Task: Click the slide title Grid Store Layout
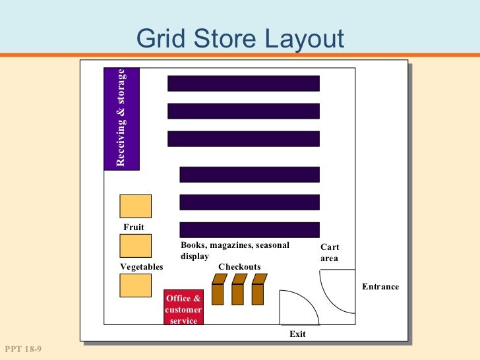pos(240,39)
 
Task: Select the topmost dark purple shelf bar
pos(243,83)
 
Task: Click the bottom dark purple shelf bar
pos(249,229)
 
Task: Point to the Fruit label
pos(134,227)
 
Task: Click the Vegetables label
pos(141,267)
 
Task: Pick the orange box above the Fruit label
pos(135,206)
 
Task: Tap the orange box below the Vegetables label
pos(135,285)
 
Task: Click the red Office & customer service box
pos(183,308)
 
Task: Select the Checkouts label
pos(239,267)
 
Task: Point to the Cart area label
pos(330,253)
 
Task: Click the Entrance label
pos(380,287)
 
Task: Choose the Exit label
pos(297,334)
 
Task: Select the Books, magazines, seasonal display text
pos(234,251)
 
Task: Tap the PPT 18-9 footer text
pos(23,349)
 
